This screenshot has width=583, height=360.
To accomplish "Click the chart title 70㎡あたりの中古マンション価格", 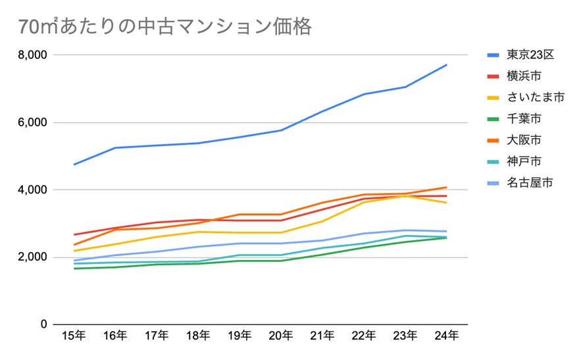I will point(165,27).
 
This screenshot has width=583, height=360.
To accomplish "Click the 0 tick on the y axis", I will point(44,324).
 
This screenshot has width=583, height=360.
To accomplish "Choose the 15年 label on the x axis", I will point(74,336).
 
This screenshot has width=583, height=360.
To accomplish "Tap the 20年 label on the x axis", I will point(281,336).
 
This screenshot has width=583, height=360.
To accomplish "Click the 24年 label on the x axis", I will point(447,336).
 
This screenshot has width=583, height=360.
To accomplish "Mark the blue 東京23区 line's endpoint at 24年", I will point(447,64).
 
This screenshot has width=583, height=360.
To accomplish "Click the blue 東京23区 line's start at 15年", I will point(74,165).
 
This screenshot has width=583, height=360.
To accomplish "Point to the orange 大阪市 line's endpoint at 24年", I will point(447,188).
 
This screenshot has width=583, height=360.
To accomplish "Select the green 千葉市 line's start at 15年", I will point(74,269).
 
